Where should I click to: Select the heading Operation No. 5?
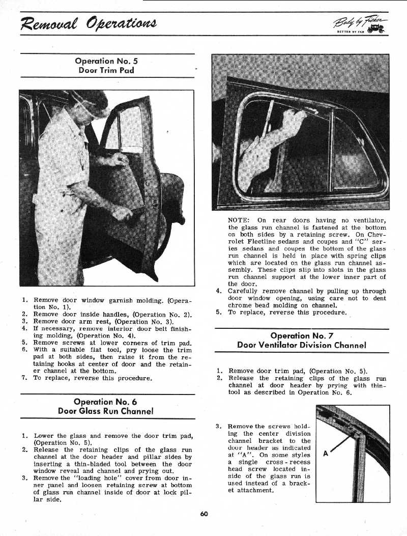coord(106,61)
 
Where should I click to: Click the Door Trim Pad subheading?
coord(106,70)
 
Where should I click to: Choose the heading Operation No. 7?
coord(302,335)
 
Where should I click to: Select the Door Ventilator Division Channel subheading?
coord(302,345)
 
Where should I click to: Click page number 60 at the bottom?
coord(204,514)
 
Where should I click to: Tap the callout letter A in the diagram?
coord(326,454)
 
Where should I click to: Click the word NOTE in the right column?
coord(238,220)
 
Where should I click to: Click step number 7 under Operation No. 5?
coord(24,378)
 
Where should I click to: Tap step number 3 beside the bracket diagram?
coord(218,426)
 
